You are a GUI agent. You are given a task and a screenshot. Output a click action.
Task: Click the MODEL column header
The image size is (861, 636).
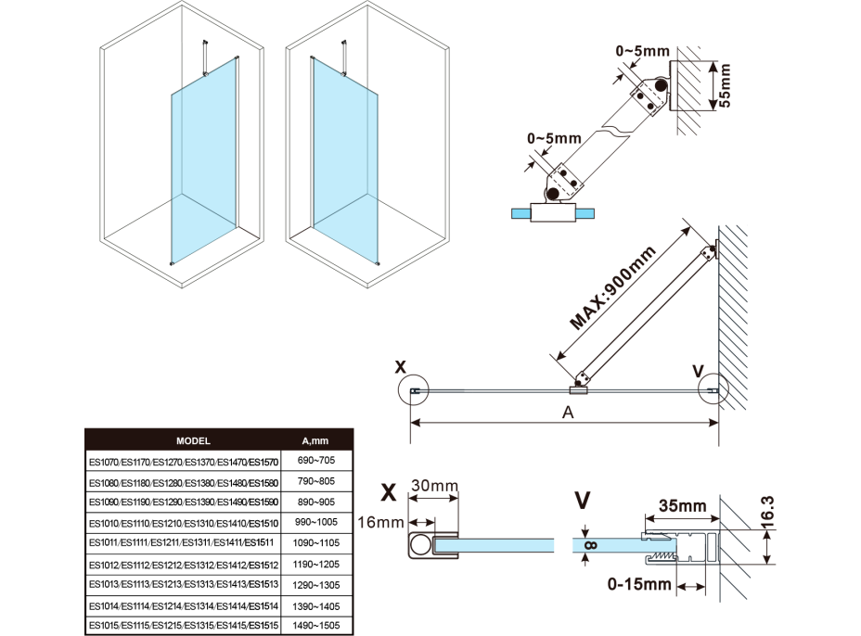pos(193,441)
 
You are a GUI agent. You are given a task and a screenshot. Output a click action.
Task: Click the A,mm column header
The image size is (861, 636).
pos(315,441)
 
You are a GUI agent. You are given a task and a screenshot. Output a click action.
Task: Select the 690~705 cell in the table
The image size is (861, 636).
pos(315,462)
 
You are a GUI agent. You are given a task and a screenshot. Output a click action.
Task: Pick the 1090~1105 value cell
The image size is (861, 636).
pos(315,542)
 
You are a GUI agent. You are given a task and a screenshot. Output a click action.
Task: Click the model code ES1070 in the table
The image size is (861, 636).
pos(103,462)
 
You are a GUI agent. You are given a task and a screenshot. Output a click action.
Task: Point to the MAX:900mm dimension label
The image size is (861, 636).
pos(613,288)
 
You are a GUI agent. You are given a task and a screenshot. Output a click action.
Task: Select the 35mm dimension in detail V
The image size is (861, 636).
pos(681,506)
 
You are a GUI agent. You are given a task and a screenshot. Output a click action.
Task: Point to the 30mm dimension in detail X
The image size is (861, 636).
pos(434,486)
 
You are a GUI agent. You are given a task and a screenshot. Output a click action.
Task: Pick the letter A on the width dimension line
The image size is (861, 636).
pos(568,413)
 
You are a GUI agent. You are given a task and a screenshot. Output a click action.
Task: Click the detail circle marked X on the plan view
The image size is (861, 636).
pos(414,391)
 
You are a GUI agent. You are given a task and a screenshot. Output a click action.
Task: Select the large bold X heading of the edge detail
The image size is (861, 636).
pos(390,489)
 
